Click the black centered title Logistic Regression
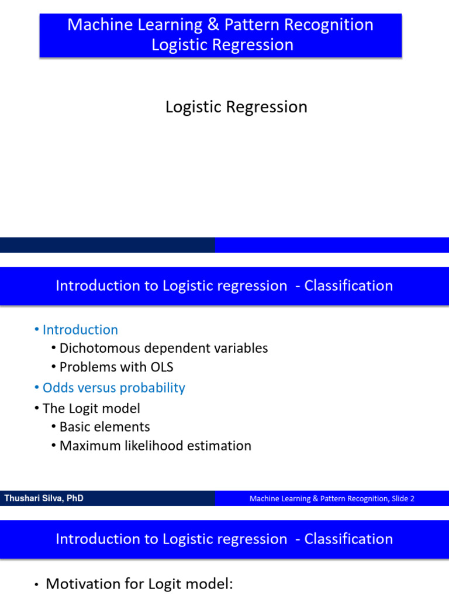(x=236, y=107)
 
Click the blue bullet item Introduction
(x=80, y=329)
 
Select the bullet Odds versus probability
(x=113, y=388)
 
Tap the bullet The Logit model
(x=91, y=408)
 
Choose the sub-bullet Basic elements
(x=105, y=427)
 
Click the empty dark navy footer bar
(x=107, y=245)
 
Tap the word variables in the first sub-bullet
(x=239, y=348)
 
